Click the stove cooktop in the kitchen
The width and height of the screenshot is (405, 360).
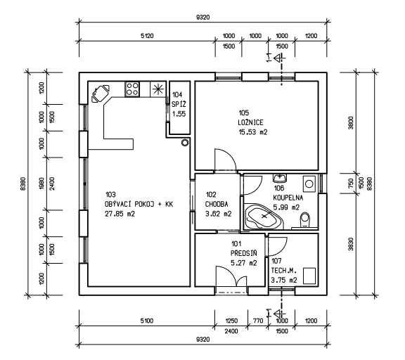point(132,89)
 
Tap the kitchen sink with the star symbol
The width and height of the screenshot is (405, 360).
point(157,89)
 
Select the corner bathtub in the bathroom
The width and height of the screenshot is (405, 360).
point(264,217)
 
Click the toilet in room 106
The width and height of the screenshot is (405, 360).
point(305,220)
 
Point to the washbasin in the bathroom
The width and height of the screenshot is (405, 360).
point(280,178)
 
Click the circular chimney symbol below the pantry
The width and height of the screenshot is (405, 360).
point(185,142)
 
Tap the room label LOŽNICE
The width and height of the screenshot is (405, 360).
point(250,122)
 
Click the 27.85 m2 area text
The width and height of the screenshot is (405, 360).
point(120,214)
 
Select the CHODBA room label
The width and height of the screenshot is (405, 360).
point(217,205)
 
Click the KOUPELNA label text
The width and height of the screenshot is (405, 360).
point(288,198)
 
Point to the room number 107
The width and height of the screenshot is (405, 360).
point(276,261)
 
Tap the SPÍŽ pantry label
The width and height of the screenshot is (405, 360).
point(179,104)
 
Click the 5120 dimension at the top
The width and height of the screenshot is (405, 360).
point(147,36)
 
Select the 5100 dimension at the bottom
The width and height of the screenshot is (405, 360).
point(147,321)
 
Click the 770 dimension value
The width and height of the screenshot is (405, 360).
point(258,321)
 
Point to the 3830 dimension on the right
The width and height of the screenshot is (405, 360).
point(350,244)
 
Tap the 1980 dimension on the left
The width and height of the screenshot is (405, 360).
point(41,184)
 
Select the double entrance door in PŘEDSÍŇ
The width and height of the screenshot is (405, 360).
point(231,276)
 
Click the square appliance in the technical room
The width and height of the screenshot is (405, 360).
point(309,276)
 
